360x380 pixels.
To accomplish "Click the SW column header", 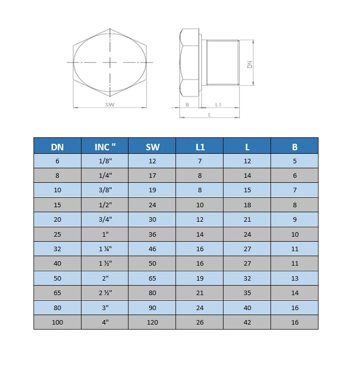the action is pyautogui.click(x=152, y=147).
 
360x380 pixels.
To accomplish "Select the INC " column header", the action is pyautogui.click(x=105, y=147).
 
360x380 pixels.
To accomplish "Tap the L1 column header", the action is pyautogui.click(x=200, y=147).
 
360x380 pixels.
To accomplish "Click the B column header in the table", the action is pyautogui.click(x=294, y=147).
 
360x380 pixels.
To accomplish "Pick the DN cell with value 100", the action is pyautogui.click(x=57, y=322).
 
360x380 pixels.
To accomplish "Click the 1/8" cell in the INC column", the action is pyautogui.click(x=105, y=161).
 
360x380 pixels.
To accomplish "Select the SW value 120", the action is pyautogui.click(x=152, y=322).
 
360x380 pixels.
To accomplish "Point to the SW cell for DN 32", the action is pyautogui.click(x=152, y=249).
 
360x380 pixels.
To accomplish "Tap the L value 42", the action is pyautogui.click(x=247, y=322).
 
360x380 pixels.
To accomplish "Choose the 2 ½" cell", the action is pyautogui.click(x=105, y=293).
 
